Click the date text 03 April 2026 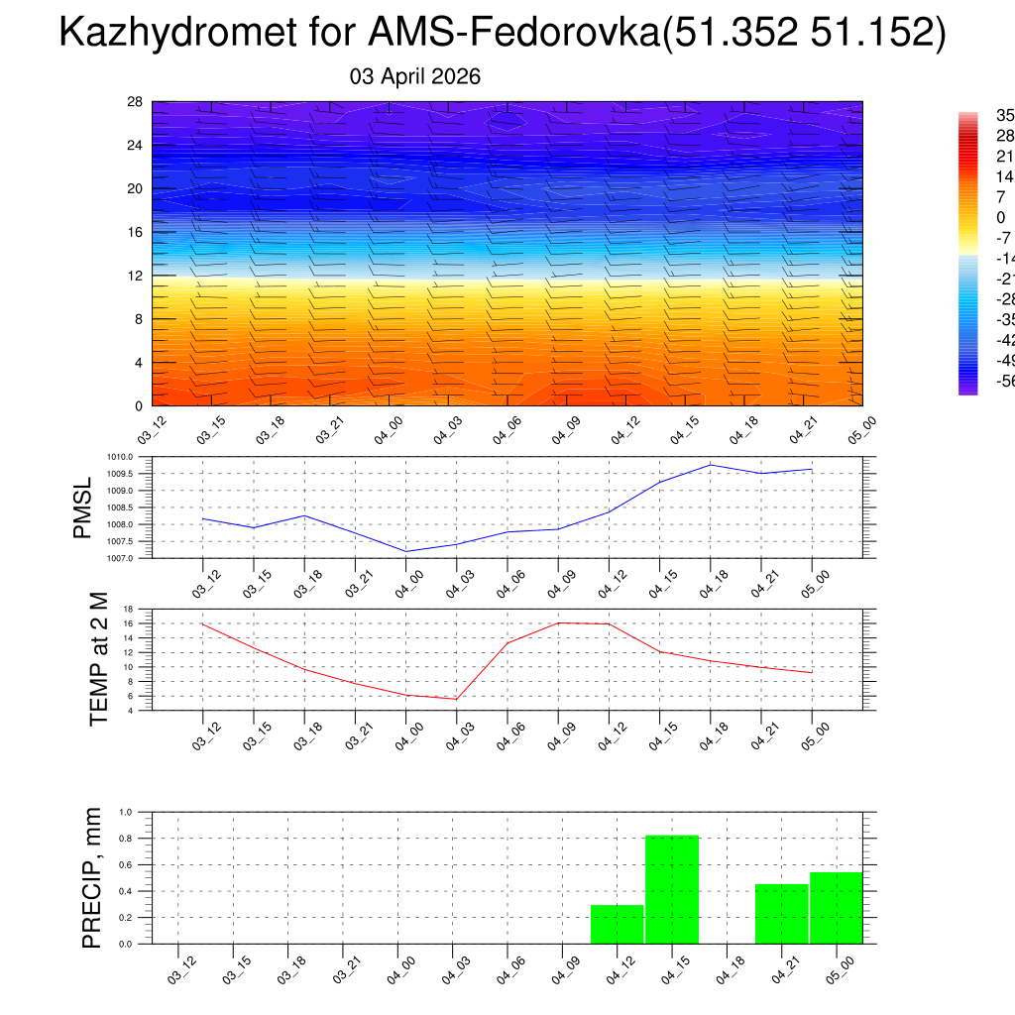coord(415,76)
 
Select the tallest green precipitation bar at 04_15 coord(672,889)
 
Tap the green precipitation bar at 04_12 coord(617,924)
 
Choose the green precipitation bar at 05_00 coord(836,908)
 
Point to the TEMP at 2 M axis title coord(98,659)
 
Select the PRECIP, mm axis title coord(92,878)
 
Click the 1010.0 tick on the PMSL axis coord(133,457)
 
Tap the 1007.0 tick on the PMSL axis coord(133,558)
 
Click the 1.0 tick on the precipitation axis coord(126,812)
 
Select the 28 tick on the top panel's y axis coord(135,101)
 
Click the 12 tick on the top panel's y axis coord(135,275)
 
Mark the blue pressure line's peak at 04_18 coord(710,465)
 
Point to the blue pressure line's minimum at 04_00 coord(406,551)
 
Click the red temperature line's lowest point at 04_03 coord(456,699)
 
